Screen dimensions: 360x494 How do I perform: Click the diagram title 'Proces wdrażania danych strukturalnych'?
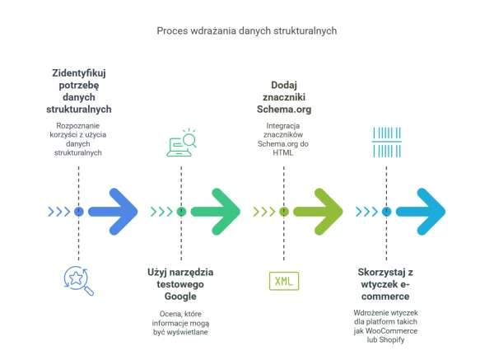click(247, 30)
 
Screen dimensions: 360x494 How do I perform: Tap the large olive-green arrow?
click(319, 212)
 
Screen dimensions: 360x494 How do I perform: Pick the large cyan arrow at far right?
click(422, 212)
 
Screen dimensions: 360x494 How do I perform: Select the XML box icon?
click(284, 281)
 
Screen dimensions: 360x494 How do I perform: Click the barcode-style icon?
click(386, 142)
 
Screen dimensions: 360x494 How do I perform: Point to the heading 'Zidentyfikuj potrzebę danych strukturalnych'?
click(78, 91)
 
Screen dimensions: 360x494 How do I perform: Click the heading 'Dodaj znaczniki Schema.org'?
click(284, 97)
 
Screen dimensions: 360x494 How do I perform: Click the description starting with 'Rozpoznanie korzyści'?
click(78, 139)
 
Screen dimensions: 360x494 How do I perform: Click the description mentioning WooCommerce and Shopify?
click(386, 326)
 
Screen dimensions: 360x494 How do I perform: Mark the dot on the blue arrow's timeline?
click(78, 212)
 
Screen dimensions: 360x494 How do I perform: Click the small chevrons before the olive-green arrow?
click(263, 212)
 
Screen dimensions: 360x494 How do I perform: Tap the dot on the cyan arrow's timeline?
click(386, 212)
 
